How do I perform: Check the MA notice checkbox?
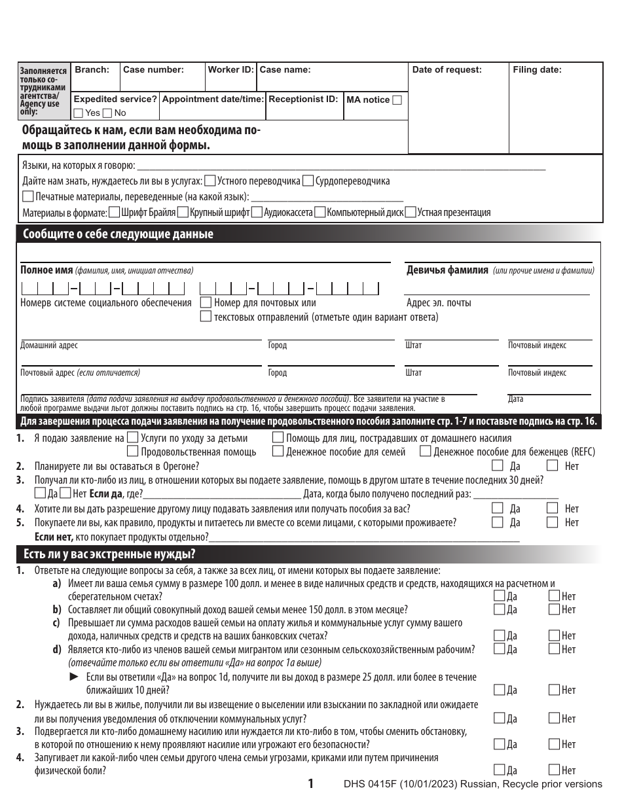pyautogui.click(x=397, y=100)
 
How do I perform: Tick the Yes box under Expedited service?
pyautogui.click(x=79, y=113)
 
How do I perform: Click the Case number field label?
pyautogui.click(x=153, y=69)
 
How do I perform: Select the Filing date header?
pyautogui.click(x=536, y=70)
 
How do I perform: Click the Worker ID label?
pyautogui.click(x=230, y=69)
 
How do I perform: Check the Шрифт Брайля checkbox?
pyautogui.click(x=114, y=212)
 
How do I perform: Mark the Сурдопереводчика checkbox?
pyautogui.click(x=308, y=181)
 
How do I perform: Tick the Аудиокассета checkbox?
pyautogui.click(x=257, y=212)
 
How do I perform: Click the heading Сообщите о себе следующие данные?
pyautogui.click(x=118, y=234)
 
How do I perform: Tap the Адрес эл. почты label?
pyautogui.click(x=439, y=302)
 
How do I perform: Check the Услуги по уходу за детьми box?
pyautogui.click(x=132, y=438)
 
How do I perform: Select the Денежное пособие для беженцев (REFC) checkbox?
pyautogui.click(x=426, y=451)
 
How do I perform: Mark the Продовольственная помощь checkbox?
pyautogui.click(x=132, y=451)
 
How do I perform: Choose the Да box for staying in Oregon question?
pyautogui.click(x=498, y=466)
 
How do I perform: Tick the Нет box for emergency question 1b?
pyautogui.click(x=554, y=609)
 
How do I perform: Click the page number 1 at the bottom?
pyautogui.click(x=311, y=783)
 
